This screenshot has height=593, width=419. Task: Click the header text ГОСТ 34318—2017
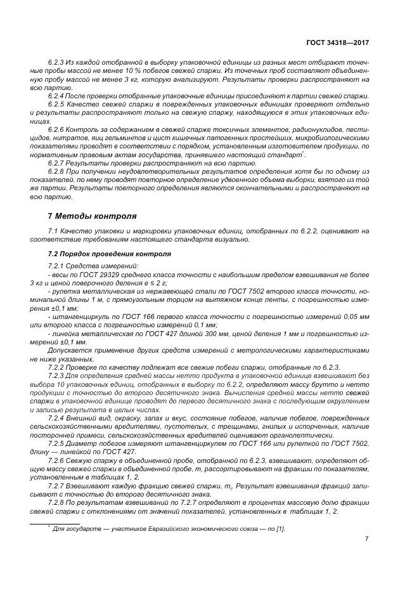338,42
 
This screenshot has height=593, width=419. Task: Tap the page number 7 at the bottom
367,539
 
